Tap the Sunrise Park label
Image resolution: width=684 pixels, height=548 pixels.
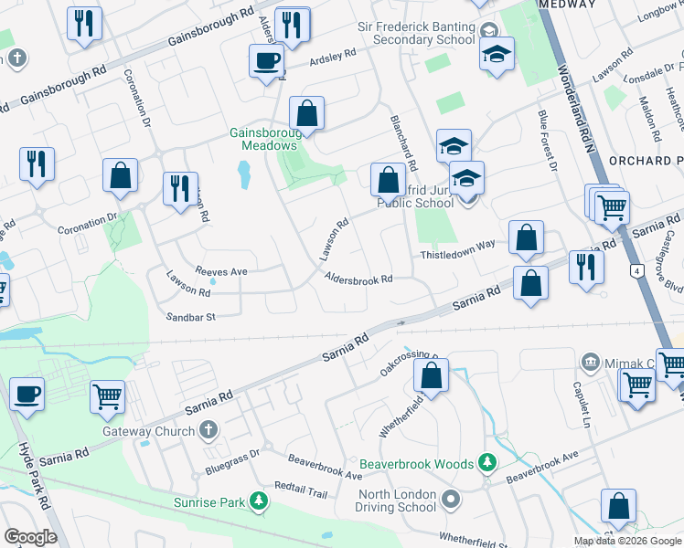click(x=209, y=502)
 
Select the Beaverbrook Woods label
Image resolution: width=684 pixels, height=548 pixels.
click(x=416, y=464)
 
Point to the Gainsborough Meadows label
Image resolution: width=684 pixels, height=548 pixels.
click(x=263, y=139)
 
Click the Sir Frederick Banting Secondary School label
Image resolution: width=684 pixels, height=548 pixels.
click(x=416, y=35)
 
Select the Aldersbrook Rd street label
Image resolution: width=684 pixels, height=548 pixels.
click(x=358, y=279)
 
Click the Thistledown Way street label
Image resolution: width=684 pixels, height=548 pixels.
click(x=457, y=256)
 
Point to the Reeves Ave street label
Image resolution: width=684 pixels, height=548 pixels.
click(x=221, y=271)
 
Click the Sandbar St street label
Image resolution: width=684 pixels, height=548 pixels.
click(x=189, y=317)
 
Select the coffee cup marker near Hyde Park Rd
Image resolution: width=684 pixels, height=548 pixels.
click(x=27, y=395)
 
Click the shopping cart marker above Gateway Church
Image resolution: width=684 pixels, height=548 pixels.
click(x=108, y=396)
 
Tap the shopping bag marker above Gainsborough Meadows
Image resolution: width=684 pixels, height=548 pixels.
click(x=307, y=114)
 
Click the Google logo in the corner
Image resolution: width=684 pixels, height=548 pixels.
click(x=30, y=536)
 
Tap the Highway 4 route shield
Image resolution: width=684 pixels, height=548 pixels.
click(x=634, y=271)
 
